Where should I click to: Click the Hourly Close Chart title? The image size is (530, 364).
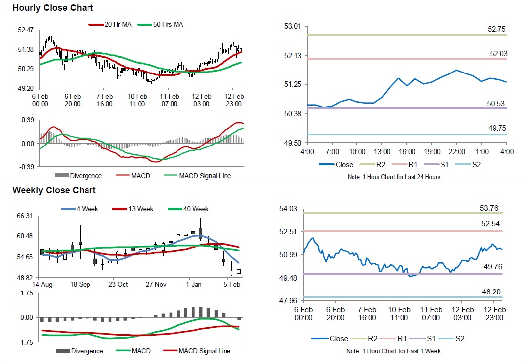(53, 8)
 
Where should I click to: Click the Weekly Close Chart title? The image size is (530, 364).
(54, 190)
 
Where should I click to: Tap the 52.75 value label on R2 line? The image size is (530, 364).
(497, 29)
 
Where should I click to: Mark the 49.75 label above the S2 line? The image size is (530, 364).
(497, 128)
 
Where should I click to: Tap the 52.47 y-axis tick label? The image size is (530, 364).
(25, 30)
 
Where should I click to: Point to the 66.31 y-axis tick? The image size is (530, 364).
(25, 216)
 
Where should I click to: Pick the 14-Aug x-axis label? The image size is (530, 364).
(42, 285)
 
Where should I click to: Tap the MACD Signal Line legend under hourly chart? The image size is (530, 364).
(204, 176)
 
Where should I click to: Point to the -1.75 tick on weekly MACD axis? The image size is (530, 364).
(25, 342)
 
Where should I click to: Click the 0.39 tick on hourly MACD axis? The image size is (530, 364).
(27, 120)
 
